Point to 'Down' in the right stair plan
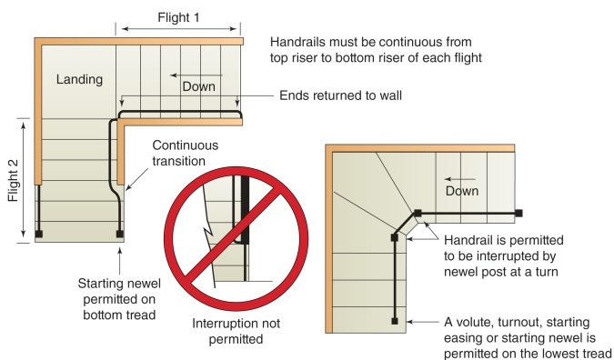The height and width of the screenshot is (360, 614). tap(463, 191)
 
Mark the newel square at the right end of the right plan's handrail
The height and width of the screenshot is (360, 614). tap(518, 214)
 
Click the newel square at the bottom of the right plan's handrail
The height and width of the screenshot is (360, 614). tap(394, 321)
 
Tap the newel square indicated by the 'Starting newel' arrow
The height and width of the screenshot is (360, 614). tap(120, 234)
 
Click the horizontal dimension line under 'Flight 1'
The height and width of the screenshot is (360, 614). tap(180, 29)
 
